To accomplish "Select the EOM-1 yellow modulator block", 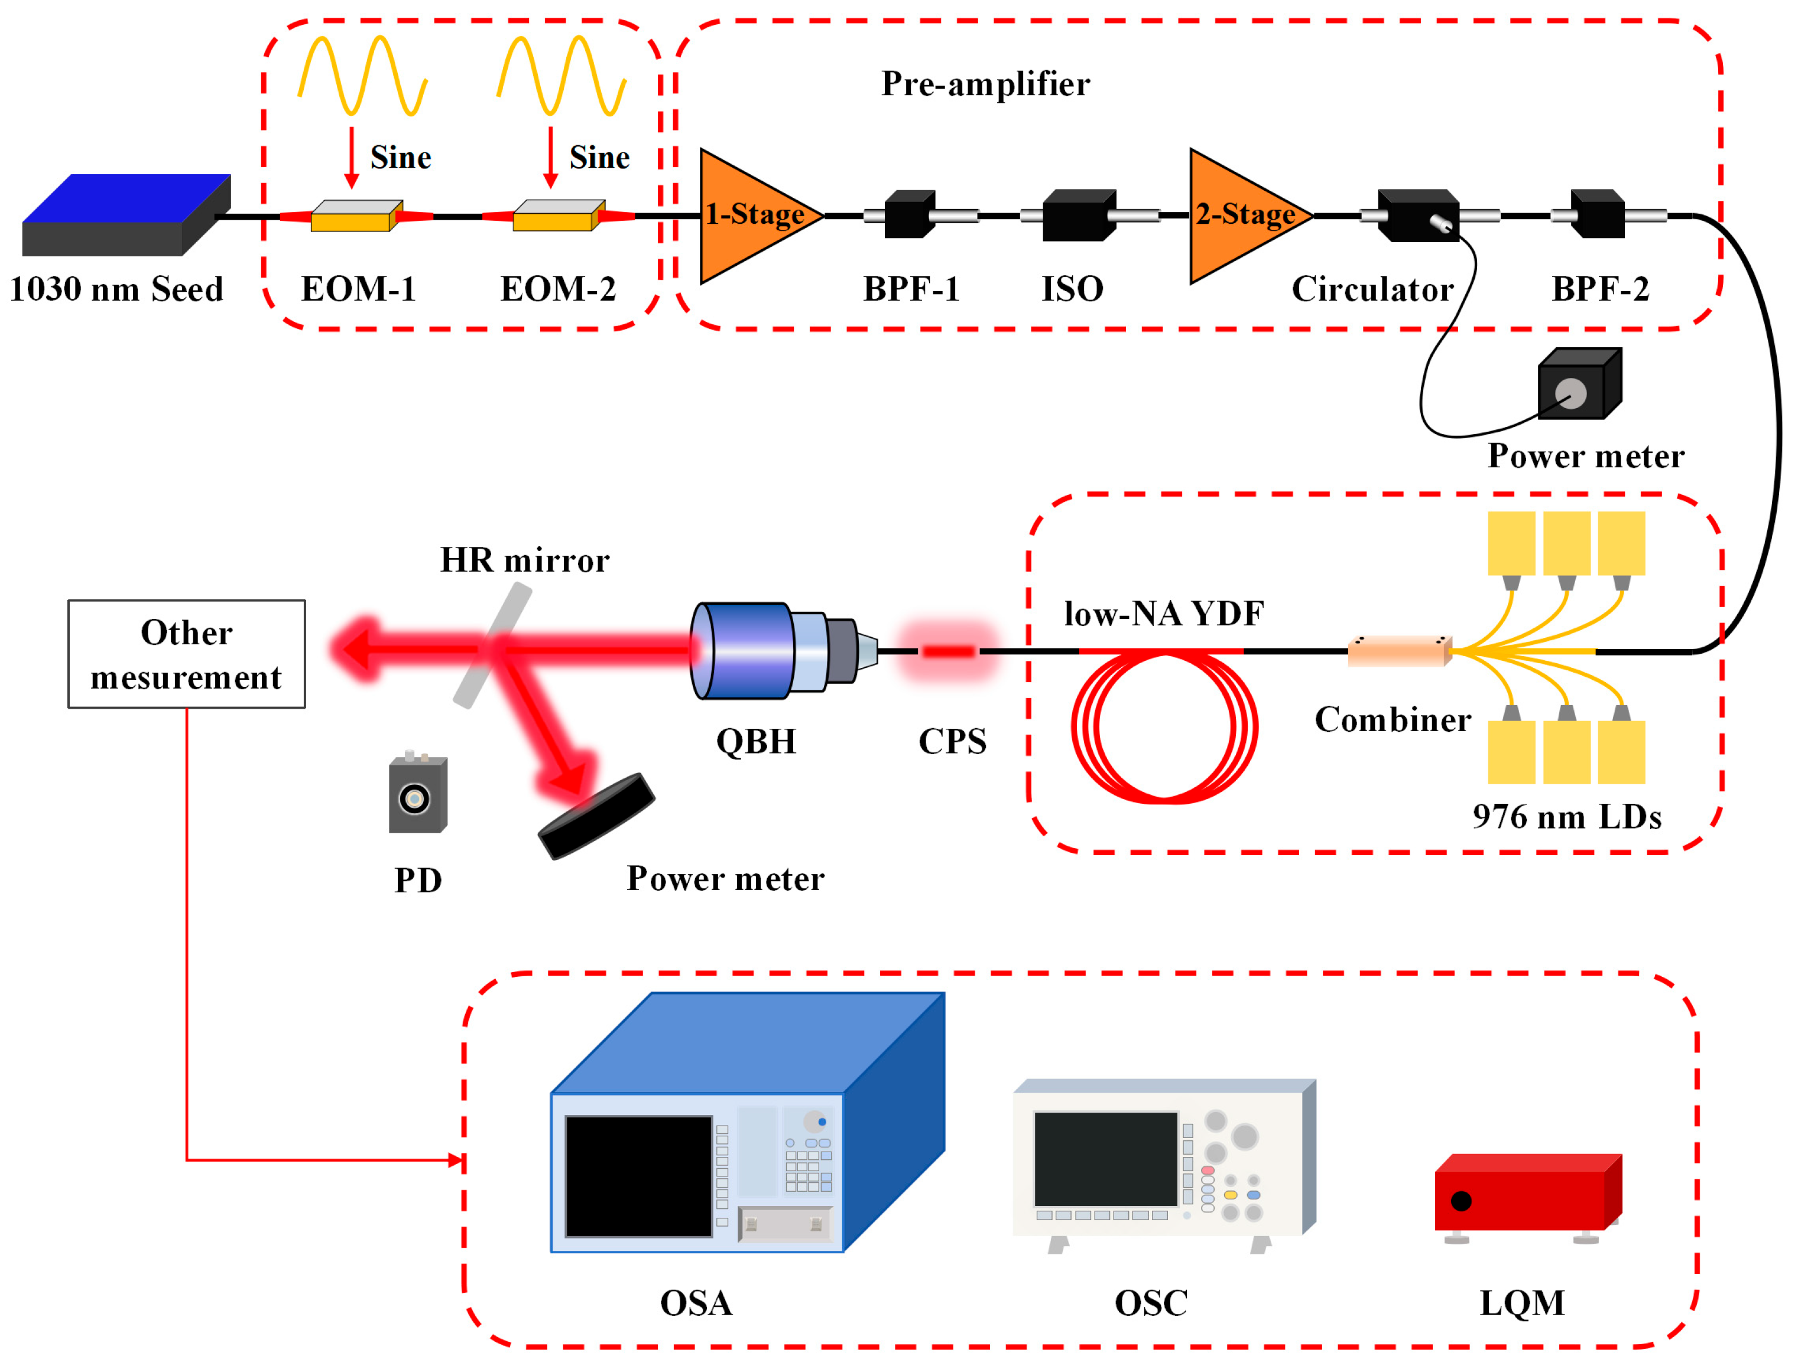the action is tap(356, 216).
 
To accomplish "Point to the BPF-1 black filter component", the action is tap(910, 214).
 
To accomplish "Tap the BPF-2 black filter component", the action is tap(1597, 214).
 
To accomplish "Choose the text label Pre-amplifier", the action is tap(985, 84).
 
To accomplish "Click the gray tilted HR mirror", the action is tap(492, 647).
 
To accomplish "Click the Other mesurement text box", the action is tap(186, 654).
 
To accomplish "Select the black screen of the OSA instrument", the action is tap(639, 1176).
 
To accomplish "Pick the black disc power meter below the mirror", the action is tap(596, 816).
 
